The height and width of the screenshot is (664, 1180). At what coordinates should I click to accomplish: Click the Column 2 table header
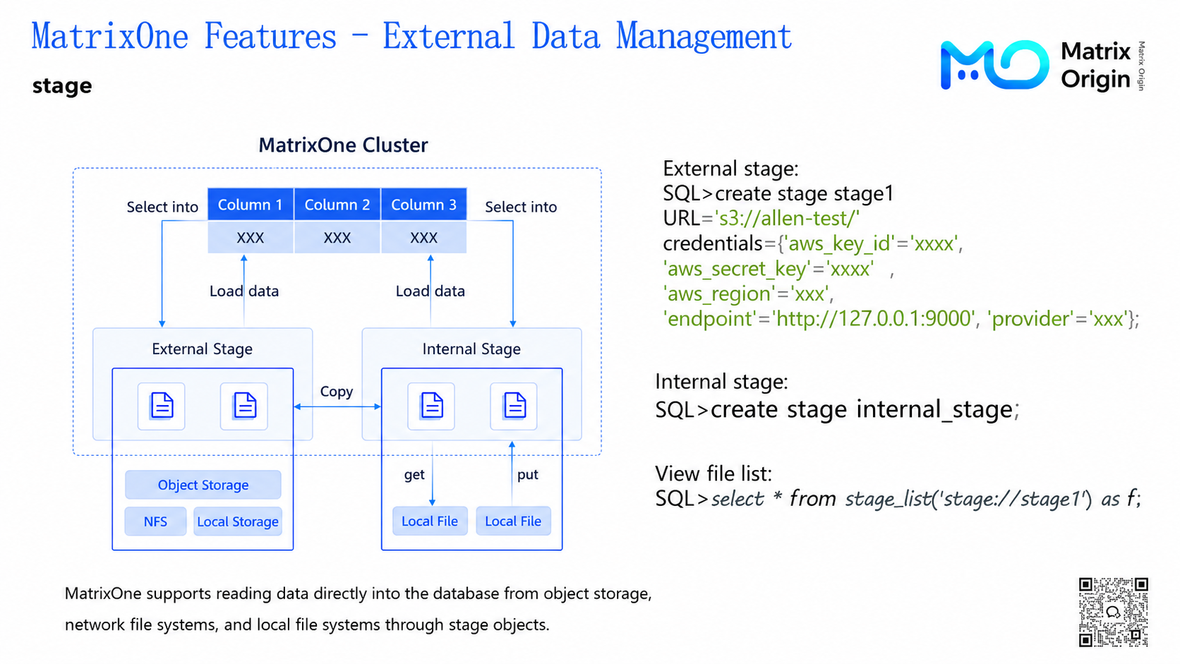tap(337, 205)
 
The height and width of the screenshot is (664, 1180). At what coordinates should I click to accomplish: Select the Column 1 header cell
tap(251, 205)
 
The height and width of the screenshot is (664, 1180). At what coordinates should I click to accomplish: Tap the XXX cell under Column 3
tap(423, 238)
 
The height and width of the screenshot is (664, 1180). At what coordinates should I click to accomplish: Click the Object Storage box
tap(203, 485)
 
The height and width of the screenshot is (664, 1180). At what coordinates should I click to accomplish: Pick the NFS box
tap(155, 521)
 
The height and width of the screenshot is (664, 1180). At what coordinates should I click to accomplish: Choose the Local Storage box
tap(238, 521)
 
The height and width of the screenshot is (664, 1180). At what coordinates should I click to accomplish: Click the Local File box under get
tap(430, 521)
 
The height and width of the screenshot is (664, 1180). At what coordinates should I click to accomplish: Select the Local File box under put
tap(513, 521)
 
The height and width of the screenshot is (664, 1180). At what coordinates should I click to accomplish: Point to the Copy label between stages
tap(337, 392)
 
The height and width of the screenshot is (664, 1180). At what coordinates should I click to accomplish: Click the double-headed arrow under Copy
tap(337, 406)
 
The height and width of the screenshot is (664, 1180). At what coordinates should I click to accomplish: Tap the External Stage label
tap(203, 349)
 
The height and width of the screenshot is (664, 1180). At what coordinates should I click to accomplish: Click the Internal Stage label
tap(471, 349)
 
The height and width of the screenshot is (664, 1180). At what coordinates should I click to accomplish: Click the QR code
tap(1113, 612)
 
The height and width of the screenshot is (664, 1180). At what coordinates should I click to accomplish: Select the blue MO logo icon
tap(994, 65)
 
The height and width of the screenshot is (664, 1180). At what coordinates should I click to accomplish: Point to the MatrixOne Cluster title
tap(343, 145)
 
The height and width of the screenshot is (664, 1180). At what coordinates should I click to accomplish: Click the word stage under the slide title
tap(62, 86)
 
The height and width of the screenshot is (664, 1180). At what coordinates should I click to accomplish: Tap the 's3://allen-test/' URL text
tap(787, 218)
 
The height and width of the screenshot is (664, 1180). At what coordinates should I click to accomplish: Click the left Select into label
tap(162, 207)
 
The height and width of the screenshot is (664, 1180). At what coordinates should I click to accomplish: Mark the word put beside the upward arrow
tap(527, 475)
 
